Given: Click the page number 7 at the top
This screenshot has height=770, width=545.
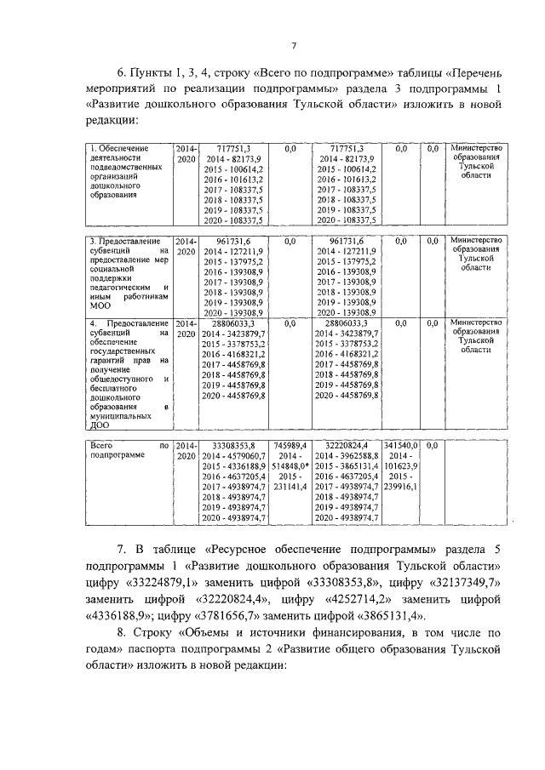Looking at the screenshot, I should [x=292, y=45].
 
